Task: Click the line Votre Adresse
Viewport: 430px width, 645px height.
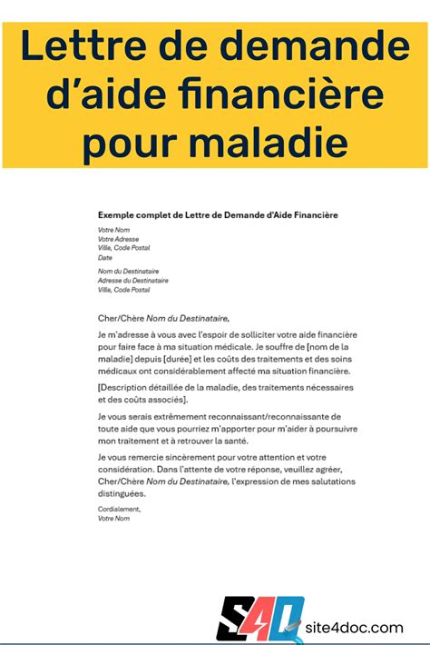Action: (x=119, y=238)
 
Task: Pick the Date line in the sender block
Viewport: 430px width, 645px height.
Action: (x=104, y=258)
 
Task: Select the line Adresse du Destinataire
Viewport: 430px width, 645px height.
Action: (x=132, y=281)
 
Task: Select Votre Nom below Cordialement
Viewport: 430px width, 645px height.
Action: (x=113, y=519)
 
